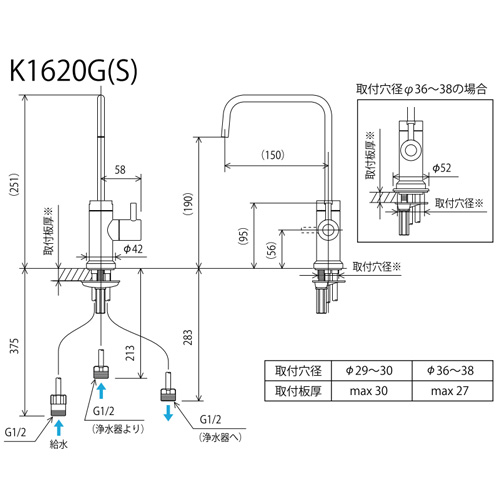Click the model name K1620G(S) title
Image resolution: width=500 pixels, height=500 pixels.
pyautogui.click(x=73, y=71)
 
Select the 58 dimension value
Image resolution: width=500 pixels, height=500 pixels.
pyautogui.click(x=120, y=170)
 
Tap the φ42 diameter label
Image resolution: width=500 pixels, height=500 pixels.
pyautogui.click(x=133, y=249)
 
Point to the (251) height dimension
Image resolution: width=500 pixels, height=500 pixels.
pyautogui.click(x=15, y=184)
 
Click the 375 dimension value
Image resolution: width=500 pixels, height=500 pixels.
pyautogui.click(x=15, y=346)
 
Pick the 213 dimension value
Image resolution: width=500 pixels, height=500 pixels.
pyautogui.click(x=130, y=353)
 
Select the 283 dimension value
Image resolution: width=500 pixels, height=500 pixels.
pyautogui.click(x=188, y=337)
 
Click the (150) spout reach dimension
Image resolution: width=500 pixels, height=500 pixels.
pyautogui.click(x=273, y=155)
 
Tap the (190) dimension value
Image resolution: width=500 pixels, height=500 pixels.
pyautogui.click(x=188, y=204)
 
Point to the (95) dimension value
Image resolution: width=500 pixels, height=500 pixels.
pyautogui.click(x=244, y=236)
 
